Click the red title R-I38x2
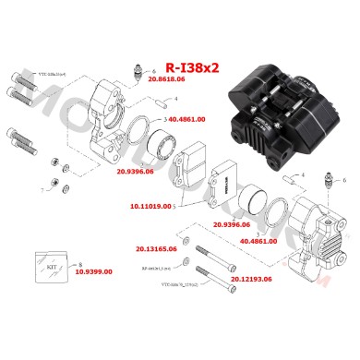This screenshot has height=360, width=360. (192, 67)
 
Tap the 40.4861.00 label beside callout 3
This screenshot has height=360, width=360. (187, 120)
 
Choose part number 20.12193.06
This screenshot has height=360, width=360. (250, 278)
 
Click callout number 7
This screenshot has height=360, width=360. (42, 191)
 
